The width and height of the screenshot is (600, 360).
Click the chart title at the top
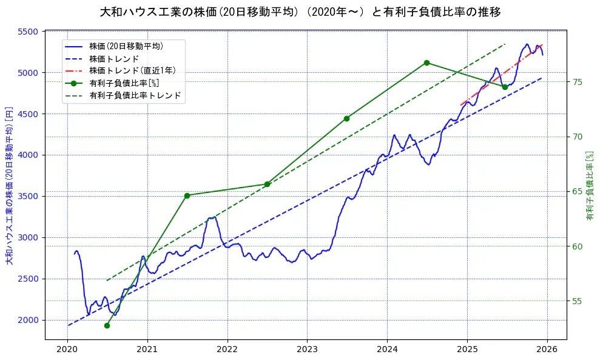[300, 12]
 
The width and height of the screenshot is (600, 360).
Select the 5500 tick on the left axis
[30, 32]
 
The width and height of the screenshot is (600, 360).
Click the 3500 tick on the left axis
[30, 196]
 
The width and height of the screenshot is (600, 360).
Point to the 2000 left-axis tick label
[30, 320]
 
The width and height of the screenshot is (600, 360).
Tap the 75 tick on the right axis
[577, 82]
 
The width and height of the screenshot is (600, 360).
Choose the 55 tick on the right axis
[577, 301]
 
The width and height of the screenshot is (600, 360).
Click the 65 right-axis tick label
[577, 192]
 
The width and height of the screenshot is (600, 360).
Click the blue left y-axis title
[9, 186]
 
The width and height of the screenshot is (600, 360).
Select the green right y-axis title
[589, 186]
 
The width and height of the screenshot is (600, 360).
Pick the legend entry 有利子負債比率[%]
[124, 83]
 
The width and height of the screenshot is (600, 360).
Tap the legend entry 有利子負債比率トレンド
[135, 95]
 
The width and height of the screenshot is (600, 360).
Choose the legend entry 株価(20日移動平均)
[126, 46]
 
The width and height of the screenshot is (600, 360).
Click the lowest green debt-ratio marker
[107, 325]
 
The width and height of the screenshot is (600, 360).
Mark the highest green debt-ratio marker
[426, 63]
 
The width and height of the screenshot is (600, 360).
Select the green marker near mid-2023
[346, 118]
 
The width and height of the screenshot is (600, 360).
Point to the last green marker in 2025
[505, 87]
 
